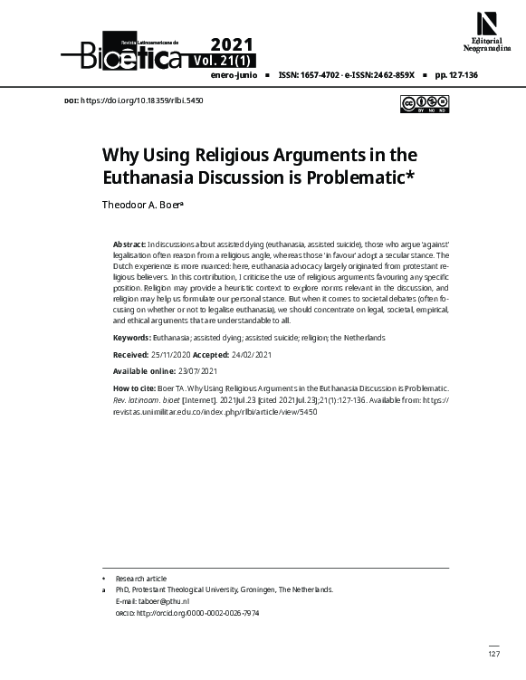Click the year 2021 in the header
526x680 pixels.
click(232, 45)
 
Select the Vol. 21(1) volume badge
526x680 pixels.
click(223, 61)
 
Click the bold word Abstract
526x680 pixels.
click(129, 245)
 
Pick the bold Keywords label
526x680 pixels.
click(131, 338)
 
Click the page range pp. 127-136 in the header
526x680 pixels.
click(456, 77)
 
